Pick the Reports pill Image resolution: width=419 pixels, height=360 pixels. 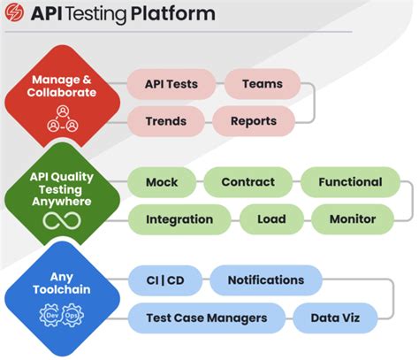click(x=254, y=121)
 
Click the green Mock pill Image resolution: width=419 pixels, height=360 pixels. click(x=162, y=183)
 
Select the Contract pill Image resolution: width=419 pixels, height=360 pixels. click(x=248, y=183)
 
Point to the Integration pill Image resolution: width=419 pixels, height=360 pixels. click(x=179, y=219)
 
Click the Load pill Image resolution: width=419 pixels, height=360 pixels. click(x=271, y=219)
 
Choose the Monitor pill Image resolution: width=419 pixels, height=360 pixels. click(x=352, y=219)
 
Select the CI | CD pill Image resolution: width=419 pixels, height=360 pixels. click(x=164, y=280)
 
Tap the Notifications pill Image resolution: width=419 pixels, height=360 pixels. click(x=265, y=280)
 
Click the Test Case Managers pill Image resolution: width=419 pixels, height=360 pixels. click(x=207, y=318)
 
